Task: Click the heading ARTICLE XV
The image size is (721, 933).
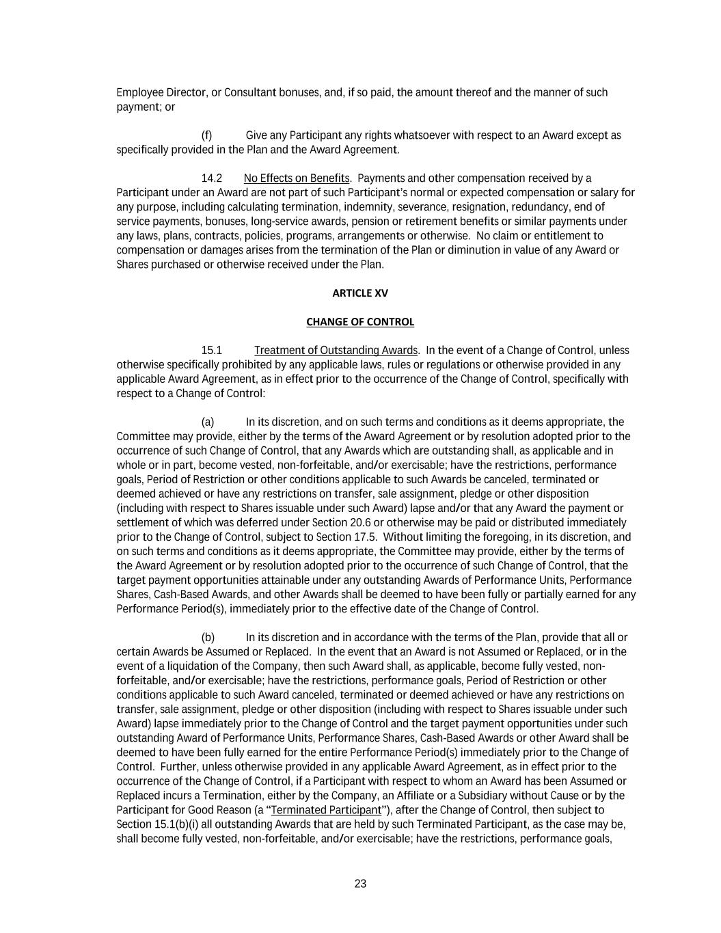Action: [x=359, y=293]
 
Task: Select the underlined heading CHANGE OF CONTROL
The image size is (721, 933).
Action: [x=359, y=322]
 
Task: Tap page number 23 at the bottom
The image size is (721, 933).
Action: [x=360, y=884]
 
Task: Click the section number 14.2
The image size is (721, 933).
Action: [x=212, y=178]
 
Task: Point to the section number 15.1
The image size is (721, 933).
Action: [x=212, y=351]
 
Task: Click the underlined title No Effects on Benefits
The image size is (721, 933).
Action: [x=297, y=178]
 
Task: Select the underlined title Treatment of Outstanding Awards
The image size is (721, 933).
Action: [x=336, y=351]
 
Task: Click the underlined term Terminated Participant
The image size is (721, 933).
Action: [x=326, y=810]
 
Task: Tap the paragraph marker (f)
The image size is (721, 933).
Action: [x=206, y=135]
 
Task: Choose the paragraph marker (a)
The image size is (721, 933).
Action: [x=207, y=422]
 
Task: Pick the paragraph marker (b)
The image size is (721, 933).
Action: [x=207, y=638]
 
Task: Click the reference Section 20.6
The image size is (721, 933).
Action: [x=338, y=523]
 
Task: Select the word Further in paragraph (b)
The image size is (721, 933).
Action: [x=178, y=767]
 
